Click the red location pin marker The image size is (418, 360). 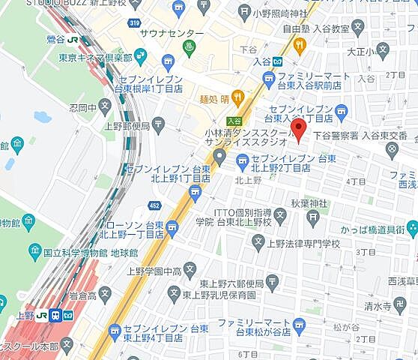coord(299,130)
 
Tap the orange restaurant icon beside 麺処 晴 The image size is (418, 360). coord(238,96)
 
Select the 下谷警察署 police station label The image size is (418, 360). coord(335,136)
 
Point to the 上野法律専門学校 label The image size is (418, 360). coord(305,243)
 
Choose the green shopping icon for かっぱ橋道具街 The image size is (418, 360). coord(411,229)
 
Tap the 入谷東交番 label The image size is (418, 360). coord(385,136)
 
